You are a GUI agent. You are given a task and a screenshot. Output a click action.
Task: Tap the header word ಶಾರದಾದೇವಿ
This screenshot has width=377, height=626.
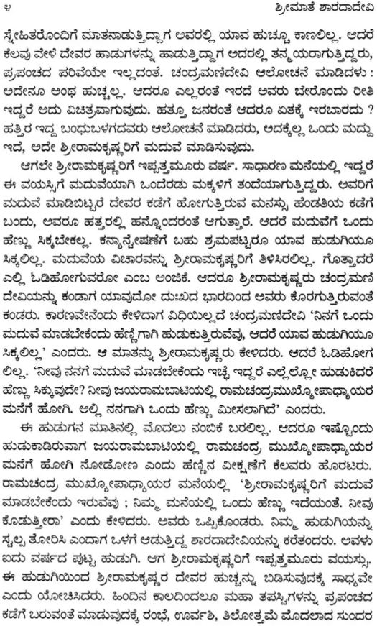pos(338,10)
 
